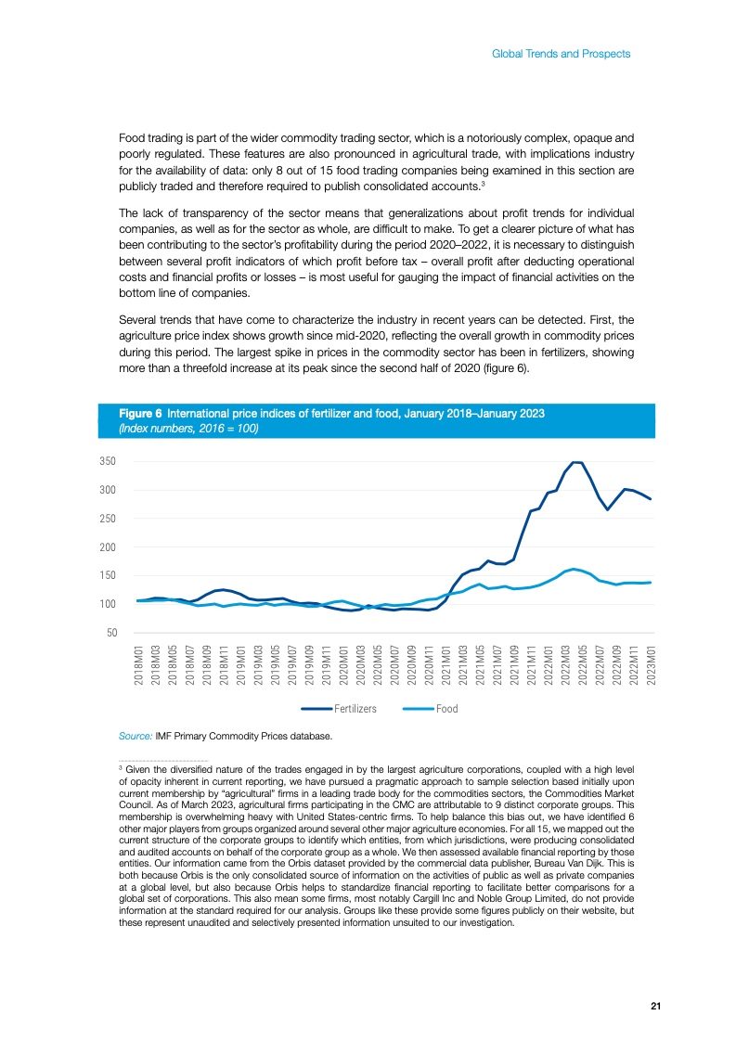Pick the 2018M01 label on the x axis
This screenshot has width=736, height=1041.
[138, 667]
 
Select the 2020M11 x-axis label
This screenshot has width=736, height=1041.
[430, 667]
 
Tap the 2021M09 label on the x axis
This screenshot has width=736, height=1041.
[515, 667]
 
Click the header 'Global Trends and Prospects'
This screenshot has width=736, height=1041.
[561, 54]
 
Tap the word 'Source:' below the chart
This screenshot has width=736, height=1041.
[136, 737]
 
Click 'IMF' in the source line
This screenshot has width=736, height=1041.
[165, 737]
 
